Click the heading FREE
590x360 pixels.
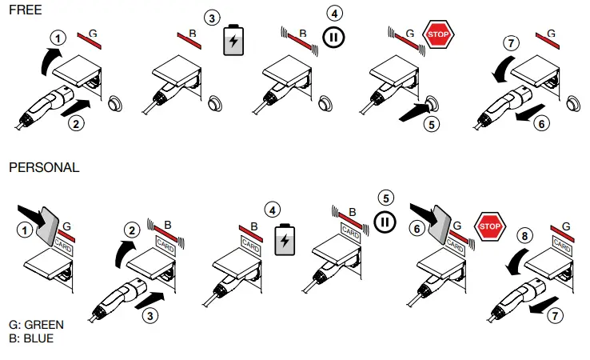click(25, 10)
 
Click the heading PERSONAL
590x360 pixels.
click(44, 168)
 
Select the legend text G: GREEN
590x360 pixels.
click(36, 325)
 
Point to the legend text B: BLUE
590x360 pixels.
click(30, 338)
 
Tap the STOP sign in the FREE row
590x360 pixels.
click(439, 35)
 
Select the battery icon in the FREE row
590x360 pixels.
click(233, 41)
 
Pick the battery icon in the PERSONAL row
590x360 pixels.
click(285, 239)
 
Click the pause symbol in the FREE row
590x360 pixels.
click(333, 37)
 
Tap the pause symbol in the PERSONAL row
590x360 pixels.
click(385, 220)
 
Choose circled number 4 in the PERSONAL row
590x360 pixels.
click(274, 210)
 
